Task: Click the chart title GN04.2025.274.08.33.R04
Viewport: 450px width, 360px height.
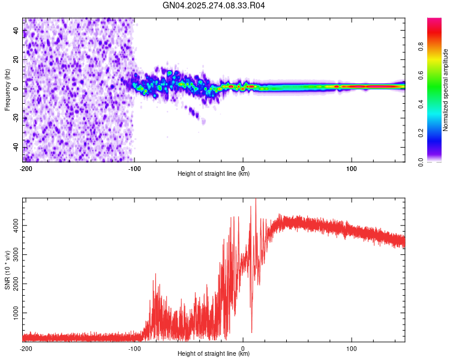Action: (x=214, y=5)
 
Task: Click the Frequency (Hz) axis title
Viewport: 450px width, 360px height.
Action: (x=7, y=90)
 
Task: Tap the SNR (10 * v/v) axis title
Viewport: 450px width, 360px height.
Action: (x=7, y=269)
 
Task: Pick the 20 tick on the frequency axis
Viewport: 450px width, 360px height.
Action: (x=16, y=59)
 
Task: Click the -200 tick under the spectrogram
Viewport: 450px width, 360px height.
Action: (x=26, y=167)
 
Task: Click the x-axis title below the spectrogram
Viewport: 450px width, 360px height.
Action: (x=214, y=174)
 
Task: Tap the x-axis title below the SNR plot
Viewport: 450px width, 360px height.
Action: (x=214, y=354)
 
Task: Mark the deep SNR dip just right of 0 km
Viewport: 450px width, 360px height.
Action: (x=251, y=332)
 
